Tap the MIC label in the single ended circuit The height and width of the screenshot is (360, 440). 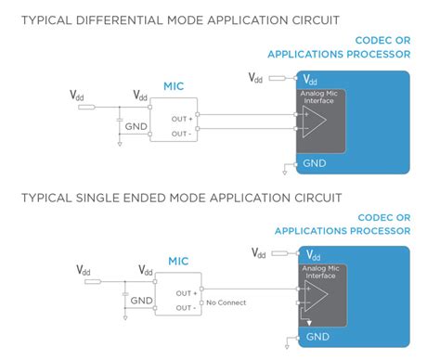click(x=179, y=263)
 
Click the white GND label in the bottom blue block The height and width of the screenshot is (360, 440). click(x=317, y=337)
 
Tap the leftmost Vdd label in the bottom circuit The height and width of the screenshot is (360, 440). click(x=84, y=270)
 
